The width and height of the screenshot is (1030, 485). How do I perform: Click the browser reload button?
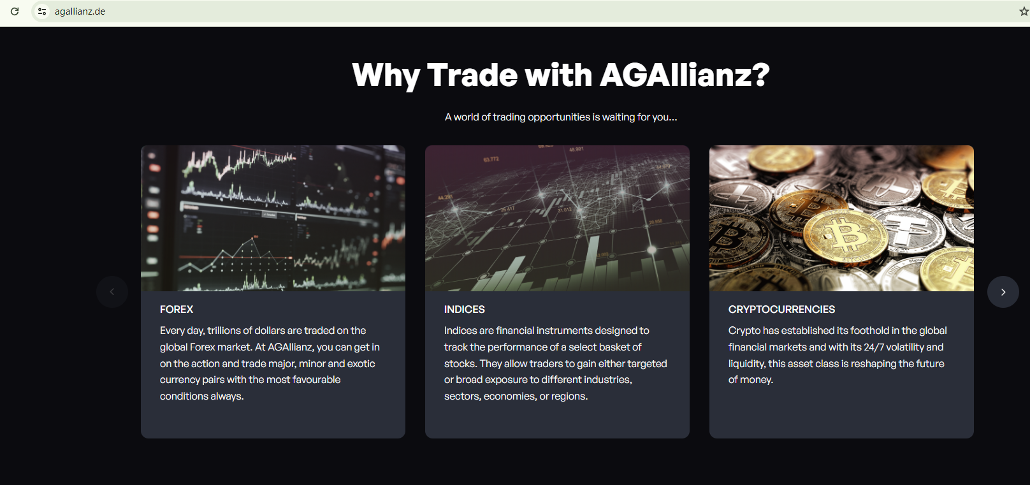15,11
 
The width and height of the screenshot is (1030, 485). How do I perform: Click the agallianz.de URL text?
80,11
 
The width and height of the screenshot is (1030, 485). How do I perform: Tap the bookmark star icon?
1024,11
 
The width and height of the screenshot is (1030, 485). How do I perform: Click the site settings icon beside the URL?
42,11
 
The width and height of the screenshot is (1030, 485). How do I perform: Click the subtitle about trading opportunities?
561,117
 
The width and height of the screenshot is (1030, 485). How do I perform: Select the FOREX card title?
177,309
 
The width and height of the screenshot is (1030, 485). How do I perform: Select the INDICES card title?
465,309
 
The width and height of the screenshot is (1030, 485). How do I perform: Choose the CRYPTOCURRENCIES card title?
781,309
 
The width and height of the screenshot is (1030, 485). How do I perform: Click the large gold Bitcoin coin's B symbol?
845,235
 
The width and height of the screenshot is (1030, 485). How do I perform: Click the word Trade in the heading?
473,75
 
